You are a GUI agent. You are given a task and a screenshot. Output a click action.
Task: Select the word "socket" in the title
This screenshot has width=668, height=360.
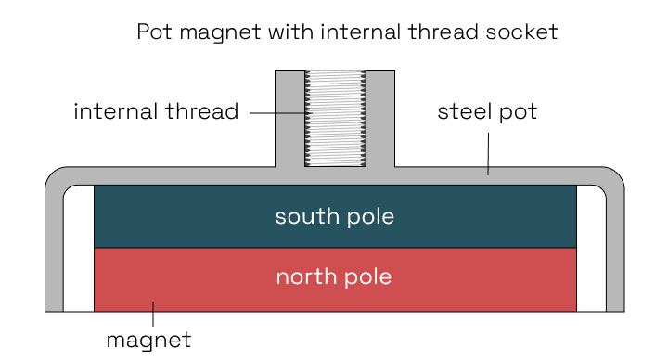click(x=524, y=32)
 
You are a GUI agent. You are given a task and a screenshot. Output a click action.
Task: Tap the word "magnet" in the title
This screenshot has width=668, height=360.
click(x=209, y=33)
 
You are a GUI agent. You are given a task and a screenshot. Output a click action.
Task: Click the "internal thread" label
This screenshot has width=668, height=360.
click(x=156, y=113)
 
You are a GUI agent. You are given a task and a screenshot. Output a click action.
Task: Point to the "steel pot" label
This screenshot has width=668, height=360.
click(x=487, y=113)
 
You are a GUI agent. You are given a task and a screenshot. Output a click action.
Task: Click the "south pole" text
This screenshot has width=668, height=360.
click(x=334, y=217)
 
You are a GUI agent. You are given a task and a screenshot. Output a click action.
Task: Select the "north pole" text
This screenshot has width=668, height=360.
click(x=334, y=277)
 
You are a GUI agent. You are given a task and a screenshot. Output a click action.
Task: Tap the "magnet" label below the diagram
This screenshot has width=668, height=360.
click(x=148, y=340)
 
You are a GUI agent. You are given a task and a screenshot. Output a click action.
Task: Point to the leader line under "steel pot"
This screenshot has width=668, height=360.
click(x=488, y=153)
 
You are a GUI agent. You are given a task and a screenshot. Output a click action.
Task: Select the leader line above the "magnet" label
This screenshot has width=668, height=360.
click(x=153, y=314)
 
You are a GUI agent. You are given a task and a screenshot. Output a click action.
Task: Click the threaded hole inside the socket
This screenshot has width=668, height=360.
click(x=335, y=118)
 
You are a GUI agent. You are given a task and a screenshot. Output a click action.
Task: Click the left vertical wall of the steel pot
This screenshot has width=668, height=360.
click(x=54, y=251)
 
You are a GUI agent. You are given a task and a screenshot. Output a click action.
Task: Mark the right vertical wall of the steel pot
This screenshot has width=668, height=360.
click(x=615, y=251)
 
